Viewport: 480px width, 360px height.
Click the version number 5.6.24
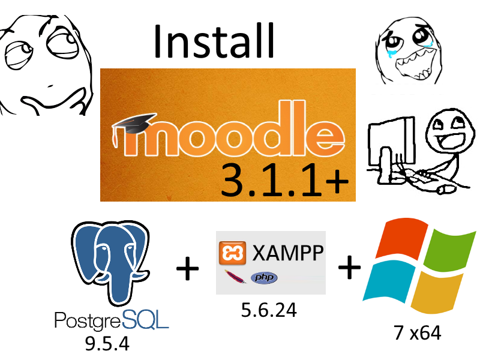(x=269, y=311)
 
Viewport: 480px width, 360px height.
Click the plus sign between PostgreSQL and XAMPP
(x=187, y=268)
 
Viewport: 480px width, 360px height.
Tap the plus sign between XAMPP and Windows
(x=349, y=268)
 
